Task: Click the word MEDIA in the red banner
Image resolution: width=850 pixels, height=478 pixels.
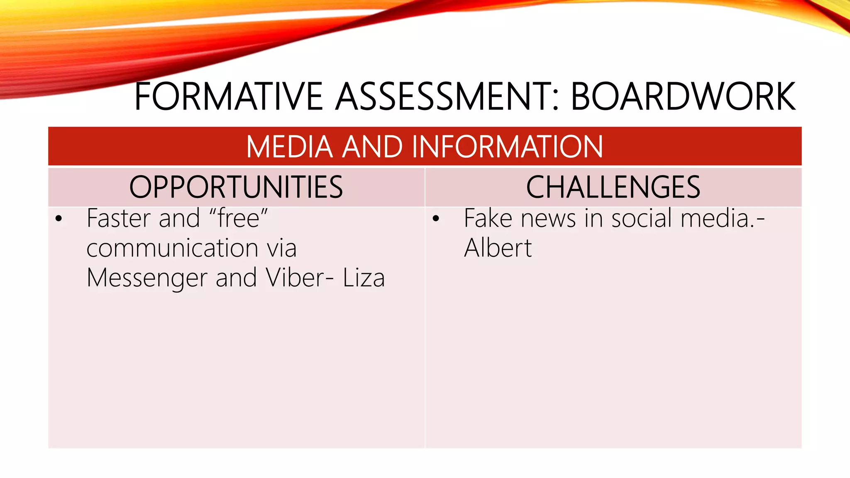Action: (x=289, y=147)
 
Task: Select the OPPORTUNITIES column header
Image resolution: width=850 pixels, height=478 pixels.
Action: (x=236, y=187)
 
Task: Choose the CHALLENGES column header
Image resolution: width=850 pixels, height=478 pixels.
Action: (x=613, y=187)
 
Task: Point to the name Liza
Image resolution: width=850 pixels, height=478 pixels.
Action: (x=364, y=278)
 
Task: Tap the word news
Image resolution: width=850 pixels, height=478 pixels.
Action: (x=548, y=219)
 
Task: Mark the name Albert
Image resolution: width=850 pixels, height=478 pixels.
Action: (x=498, y=248)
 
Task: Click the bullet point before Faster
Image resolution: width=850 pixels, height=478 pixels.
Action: (x=59, y=219)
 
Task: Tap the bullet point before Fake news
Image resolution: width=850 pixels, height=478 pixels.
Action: (x=435, y=219)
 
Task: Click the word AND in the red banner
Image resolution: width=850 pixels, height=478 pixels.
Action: (x=372, y=147)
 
